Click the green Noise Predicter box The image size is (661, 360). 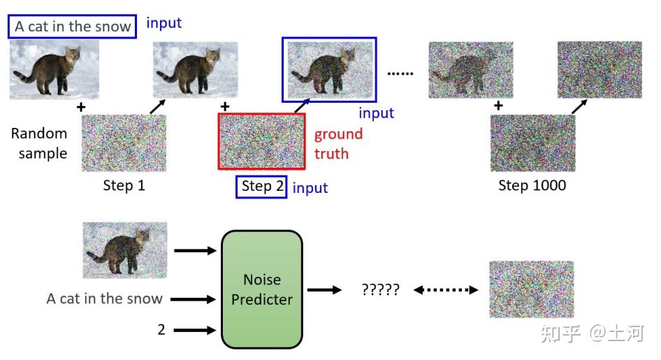(262, 289)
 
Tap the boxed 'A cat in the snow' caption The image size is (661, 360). (72, 27)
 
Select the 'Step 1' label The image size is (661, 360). (124, 185)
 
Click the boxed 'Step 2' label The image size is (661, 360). (261, 187)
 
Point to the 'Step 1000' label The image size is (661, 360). (532, 185)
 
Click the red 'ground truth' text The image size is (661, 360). (338, 144)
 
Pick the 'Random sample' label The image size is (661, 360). (39, 143)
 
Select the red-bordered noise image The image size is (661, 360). (262, 141)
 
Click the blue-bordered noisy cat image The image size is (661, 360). (329, 70)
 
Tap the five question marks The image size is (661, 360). (380, 289)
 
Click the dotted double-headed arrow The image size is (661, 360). (446, 289)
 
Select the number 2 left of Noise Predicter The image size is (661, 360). (161, 330)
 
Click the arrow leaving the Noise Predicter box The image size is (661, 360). (324, 289)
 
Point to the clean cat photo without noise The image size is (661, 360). (55, 70)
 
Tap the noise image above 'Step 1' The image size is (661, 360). (124, 143)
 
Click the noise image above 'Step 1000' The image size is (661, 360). (533, 143)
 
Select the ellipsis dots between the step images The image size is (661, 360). (400, 73)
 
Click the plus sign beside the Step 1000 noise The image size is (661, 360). (498, 106)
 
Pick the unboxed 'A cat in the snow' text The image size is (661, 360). (105, 298)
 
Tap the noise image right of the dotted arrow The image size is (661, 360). (532, 289)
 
